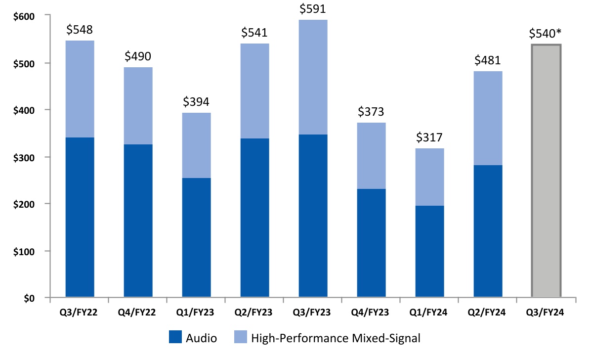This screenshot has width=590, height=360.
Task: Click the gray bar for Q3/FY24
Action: [546, 171]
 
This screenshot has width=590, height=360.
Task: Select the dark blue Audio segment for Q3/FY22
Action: [80, 218]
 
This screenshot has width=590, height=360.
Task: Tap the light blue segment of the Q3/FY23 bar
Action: [313, 77]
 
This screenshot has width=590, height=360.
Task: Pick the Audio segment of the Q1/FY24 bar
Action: [429, 251]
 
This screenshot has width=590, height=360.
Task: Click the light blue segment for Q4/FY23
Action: [371, 156]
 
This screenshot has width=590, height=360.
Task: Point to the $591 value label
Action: [313, 9]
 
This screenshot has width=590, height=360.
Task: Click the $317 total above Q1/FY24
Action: [429, 137]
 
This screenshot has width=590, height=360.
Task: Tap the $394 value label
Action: [196, 102]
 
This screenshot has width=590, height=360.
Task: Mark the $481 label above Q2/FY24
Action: [488, 60]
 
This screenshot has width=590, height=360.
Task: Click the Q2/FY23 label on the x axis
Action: [254, 313]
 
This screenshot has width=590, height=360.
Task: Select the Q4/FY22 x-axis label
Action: [138, 313]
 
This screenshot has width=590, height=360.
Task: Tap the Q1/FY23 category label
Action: [196, 313]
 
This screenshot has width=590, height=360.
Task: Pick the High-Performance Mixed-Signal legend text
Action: [336, 339]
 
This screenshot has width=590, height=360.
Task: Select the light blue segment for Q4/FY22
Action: [138, 106]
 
